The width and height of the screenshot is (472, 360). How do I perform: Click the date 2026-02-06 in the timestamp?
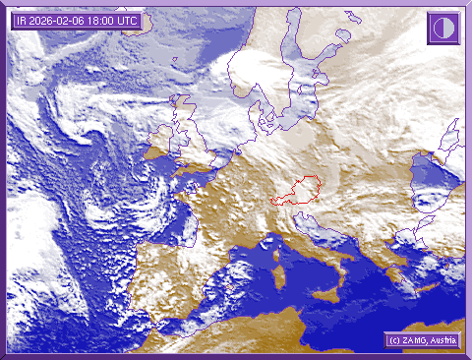pyautogui.click(x=61, y=21)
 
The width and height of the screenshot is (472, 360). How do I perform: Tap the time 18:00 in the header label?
pyautogui.click(x=102, y=21)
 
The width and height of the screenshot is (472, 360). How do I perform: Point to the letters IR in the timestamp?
pyautogui.click(x=22, y=21)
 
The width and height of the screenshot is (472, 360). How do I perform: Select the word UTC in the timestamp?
pyautogui.click(x=129, y=21)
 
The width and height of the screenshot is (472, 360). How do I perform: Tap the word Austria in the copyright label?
pyautogui.click(x=443, y=340)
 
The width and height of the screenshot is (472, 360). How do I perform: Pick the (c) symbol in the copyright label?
pyautogui.click(x=393, y=340)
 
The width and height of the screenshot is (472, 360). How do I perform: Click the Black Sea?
pyautogui.click(x=433, y=175)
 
